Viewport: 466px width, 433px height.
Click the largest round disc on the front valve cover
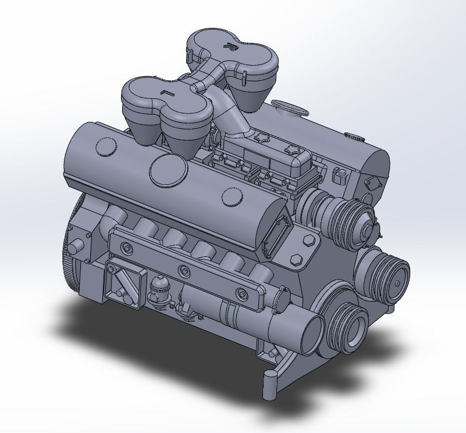[169, 169]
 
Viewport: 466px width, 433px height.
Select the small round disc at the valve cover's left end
[105, 145]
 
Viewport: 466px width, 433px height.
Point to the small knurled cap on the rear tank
[353, 138]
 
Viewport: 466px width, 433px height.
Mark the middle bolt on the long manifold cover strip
[184, 269]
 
